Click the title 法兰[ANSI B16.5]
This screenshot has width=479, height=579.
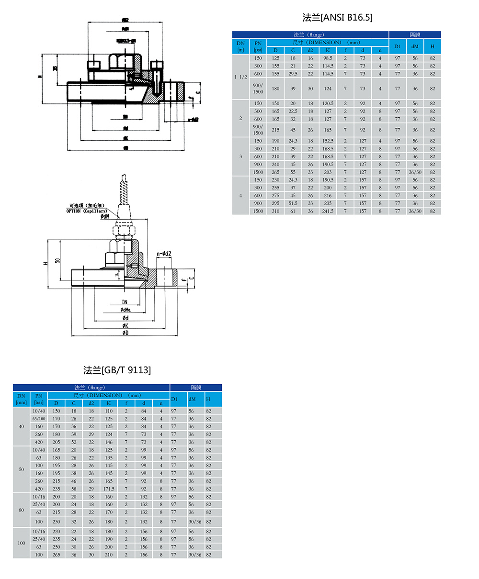(338, 18)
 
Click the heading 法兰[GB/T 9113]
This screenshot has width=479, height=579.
(117, 370)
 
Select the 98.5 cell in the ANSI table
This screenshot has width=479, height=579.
(328, 58)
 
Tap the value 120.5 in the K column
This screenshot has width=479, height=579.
(328, 103)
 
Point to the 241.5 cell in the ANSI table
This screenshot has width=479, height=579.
(328, 211)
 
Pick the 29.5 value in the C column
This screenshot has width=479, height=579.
(293, 74)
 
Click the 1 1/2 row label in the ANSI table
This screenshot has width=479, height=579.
(241, 77)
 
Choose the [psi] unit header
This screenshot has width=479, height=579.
(258, 50)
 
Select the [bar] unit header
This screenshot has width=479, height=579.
(39, 403)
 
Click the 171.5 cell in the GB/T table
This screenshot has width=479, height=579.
(109, 489)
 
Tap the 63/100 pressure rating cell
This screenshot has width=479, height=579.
(39, 419)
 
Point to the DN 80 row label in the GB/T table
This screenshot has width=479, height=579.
(21, 510)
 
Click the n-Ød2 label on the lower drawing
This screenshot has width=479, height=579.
(164, 254)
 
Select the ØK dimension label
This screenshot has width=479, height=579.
(125, 326)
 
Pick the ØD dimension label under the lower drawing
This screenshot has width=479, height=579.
(125, 333)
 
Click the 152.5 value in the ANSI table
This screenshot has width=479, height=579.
(328, 141)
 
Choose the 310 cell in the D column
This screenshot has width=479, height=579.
(275, 211)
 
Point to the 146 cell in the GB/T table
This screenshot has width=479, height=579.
(109, 442)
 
